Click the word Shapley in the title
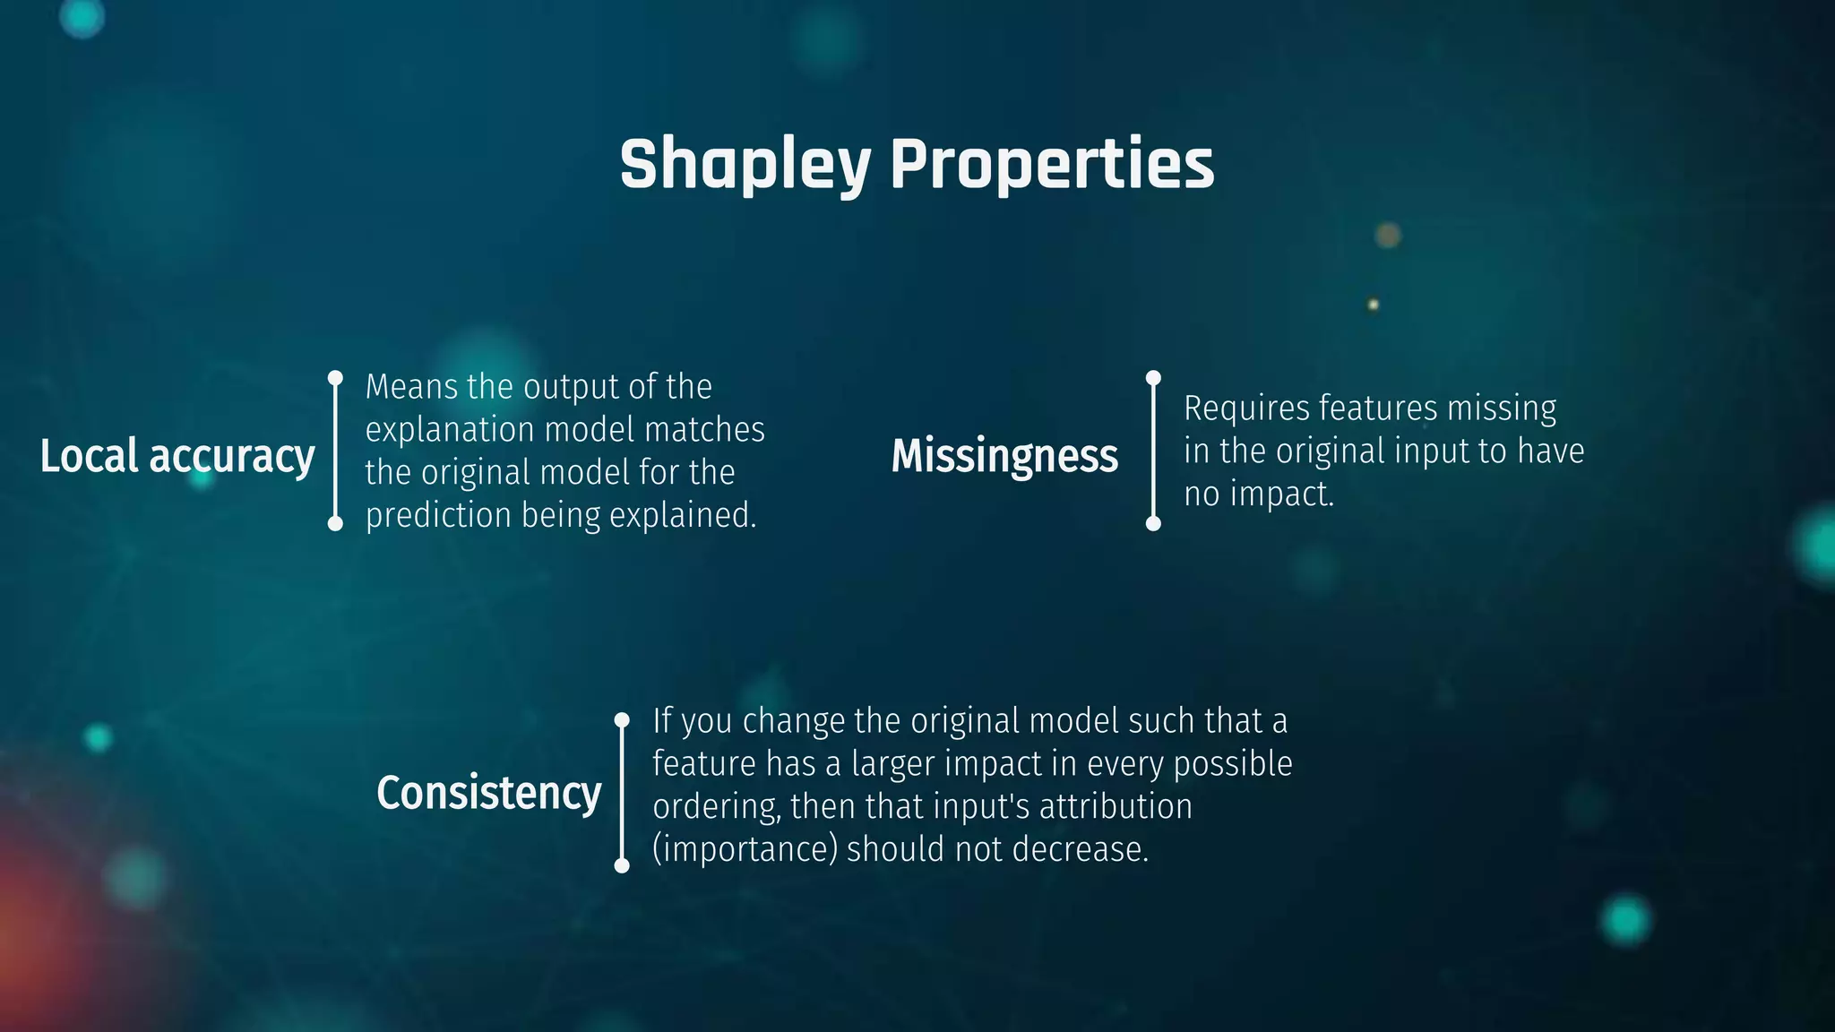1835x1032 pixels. (745, 165)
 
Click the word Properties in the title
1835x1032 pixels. (1052, 165)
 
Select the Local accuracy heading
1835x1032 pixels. (177, 456)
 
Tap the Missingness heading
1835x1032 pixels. (1004, 456)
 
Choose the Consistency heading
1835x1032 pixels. (488, 793)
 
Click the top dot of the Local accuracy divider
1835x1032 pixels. (335, 378)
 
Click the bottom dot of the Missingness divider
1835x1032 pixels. (1153, 523)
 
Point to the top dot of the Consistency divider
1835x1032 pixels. (622, 719)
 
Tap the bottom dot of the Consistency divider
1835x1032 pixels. (622, 865)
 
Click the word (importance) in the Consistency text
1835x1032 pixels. (745, 849)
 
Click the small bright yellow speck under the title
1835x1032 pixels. (1373, 305)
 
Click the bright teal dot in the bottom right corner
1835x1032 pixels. (1625, 919)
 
